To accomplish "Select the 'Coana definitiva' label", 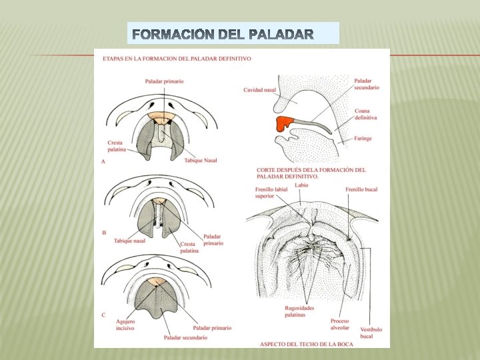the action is (x=365, y=113).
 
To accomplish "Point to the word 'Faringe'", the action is (x=363, y=138).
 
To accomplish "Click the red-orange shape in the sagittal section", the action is (x=285, y=123).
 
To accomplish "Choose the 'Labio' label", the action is (x=301, y=185).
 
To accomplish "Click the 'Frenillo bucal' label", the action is (x=361, y=189).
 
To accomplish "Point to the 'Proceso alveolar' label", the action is (x=339, y=324).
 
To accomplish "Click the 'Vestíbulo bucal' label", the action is (x=371, y=333).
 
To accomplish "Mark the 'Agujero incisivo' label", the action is (x=125, y=325).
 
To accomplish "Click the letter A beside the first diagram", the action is (x=103, y=162).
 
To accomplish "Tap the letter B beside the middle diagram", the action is (x=103, y=233).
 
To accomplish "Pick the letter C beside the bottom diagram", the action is (x=103, y=313).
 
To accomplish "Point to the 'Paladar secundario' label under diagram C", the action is (x=185, y=337).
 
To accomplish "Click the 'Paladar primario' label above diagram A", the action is (x=164, y=81).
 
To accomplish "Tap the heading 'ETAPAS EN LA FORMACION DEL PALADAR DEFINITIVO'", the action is (x=177, y=59).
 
